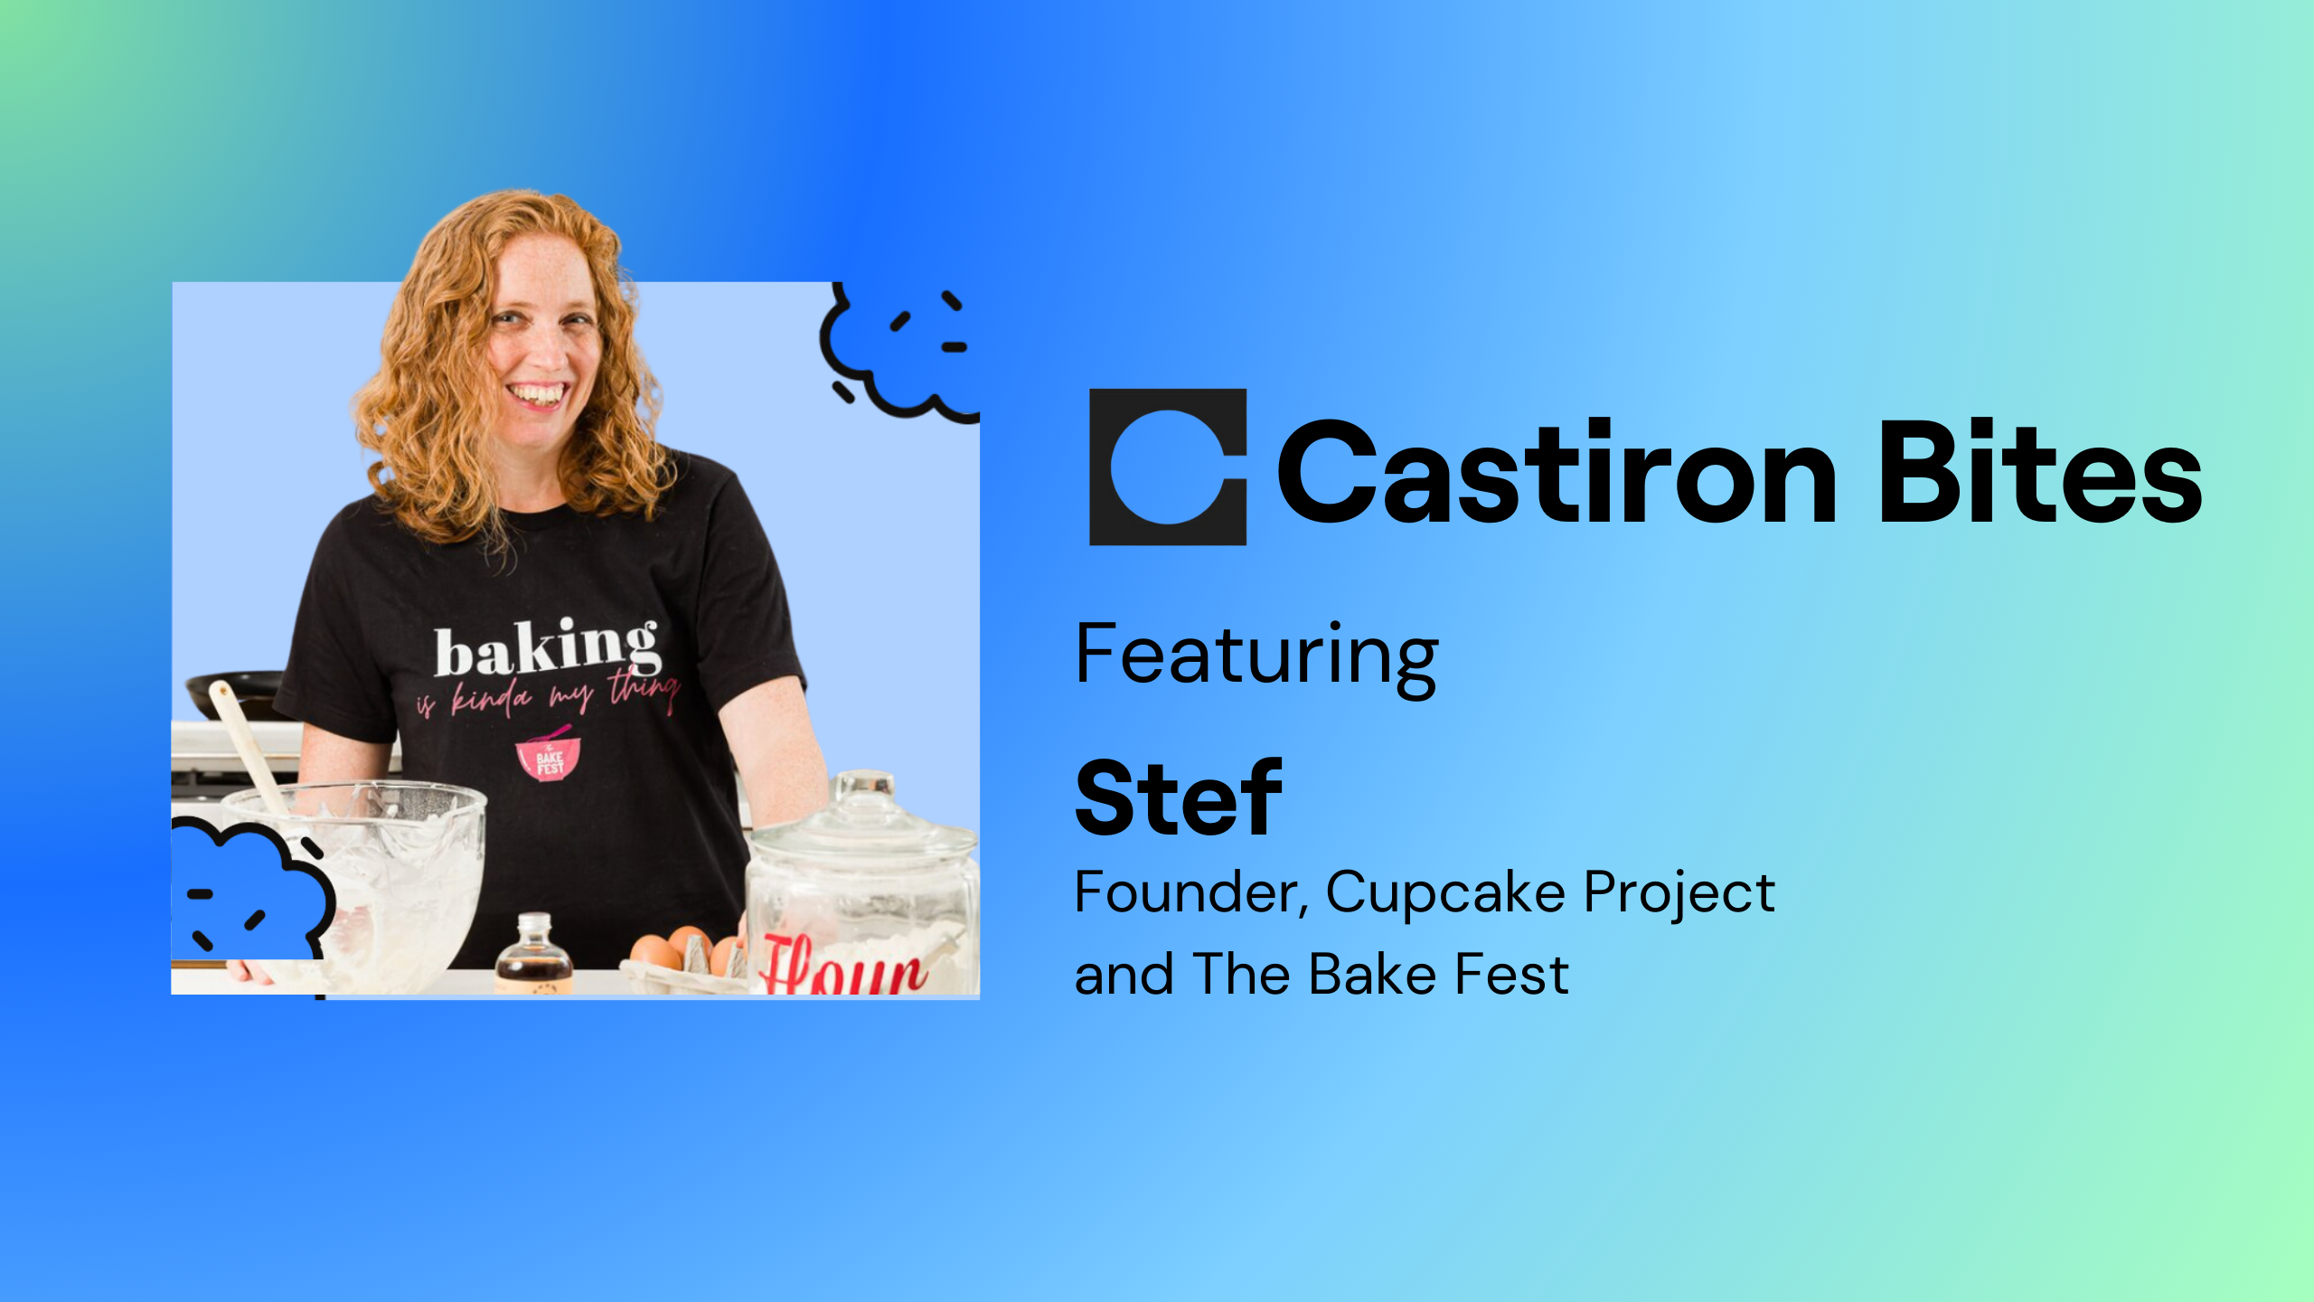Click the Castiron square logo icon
[1168, 467]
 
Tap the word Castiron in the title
[1557, 471]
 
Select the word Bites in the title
[2040, 471]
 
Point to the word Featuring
[1256, 659]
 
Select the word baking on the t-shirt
[547, 649]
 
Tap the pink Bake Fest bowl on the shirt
[548, 755]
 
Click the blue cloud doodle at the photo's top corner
[900, 353]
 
